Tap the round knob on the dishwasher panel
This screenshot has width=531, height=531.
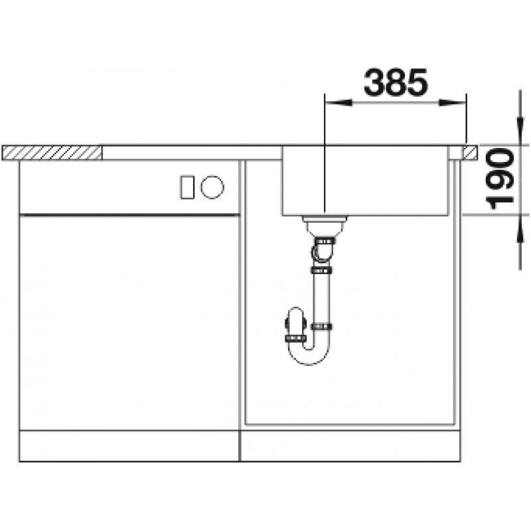coord(213,187)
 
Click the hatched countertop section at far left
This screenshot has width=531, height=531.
coord(53,153)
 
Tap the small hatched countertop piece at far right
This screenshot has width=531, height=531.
coord(470,153)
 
